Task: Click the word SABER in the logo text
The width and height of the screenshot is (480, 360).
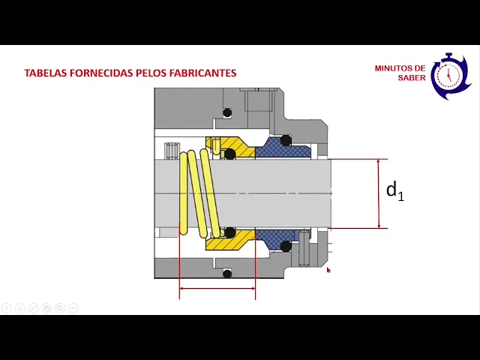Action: pyautogui.click(x=411, y=78)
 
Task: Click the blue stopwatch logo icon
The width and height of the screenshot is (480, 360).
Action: pyautogui.click(x=449, y=76)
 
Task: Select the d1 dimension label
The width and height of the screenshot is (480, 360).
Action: pyautogui.click(x=394, y=190)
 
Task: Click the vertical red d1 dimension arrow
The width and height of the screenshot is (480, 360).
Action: pyautogui.click(x=379, y=193)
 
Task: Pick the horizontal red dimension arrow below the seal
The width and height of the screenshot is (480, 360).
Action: pyautogui.click(x=217, y=288)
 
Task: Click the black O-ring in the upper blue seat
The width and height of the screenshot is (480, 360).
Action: pyautogui.click(x=286, y=140)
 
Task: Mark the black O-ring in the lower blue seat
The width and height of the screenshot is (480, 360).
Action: pyautogui.click(x=286, y=246)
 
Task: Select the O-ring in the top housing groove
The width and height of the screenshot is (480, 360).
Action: pyautogui.click(x=227, y=112)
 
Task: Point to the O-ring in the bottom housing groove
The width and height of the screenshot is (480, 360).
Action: pyautogui.click(x=227, y=274)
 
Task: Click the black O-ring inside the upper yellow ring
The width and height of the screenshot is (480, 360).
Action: pyautogui.click(x=230, y=154)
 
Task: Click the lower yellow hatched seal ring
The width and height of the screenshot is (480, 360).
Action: pyautogui.click(x=229, y=242)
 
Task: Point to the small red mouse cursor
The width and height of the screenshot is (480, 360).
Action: pyautogui.click(x=328, y=270)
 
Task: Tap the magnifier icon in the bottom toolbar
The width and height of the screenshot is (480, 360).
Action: pyautogui.click(x=60, y=308)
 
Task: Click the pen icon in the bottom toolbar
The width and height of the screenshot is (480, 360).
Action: pyautogui.click(x=33, y=308)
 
